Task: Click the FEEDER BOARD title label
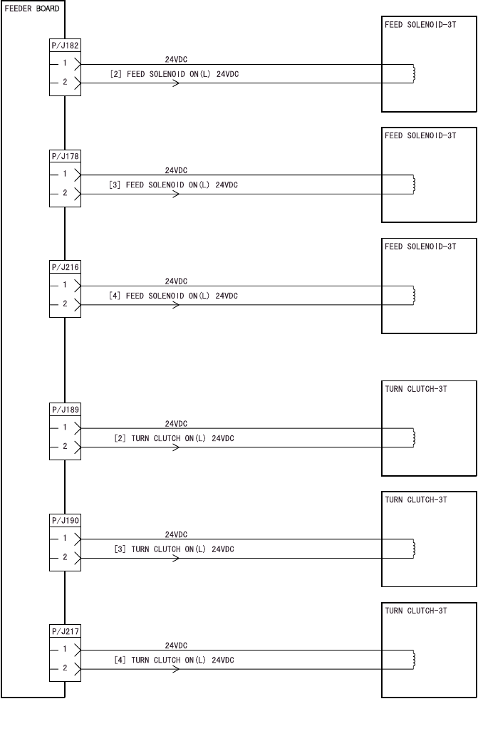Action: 32,9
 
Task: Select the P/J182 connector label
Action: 65,45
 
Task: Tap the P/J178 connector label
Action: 65,156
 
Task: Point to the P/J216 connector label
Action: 65,266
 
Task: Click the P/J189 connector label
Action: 65,410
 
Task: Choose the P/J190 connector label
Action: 65,521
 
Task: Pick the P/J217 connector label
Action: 65,631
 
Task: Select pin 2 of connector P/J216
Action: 65,304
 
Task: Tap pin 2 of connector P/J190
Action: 65,558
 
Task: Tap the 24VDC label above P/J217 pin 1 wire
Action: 176,645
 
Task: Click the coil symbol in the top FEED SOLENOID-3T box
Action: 414,73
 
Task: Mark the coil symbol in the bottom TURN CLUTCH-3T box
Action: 414,659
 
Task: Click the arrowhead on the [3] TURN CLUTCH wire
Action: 175,558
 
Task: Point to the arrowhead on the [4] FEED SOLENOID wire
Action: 175,305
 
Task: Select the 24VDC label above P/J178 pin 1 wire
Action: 176,170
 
